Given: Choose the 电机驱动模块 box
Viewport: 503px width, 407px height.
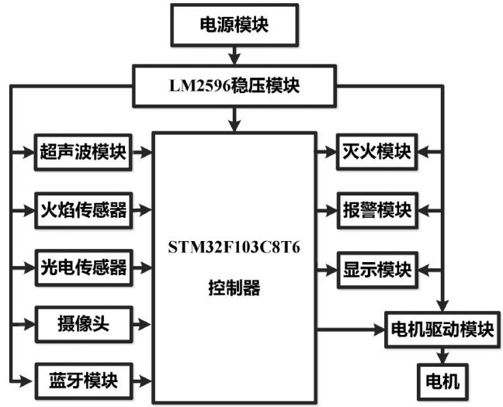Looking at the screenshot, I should tap(441, 329).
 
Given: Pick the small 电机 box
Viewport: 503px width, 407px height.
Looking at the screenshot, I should tap(441, 381).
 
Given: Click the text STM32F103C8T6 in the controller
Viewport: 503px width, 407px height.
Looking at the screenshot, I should tap(234, 249).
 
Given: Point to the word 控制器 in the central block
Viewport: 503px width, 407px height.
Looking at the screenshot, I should tap(234, 289).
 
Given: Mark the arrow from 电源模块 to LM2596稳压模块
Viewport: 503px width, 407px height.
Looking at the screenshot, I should tap(234, 57).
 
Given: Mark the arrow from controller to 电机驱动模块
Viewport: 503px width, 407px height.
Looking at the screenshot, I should tap(349, 329).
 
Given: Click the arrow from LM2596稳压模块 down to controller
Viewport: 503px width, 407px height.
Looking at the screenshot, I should tap(234, 118).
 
